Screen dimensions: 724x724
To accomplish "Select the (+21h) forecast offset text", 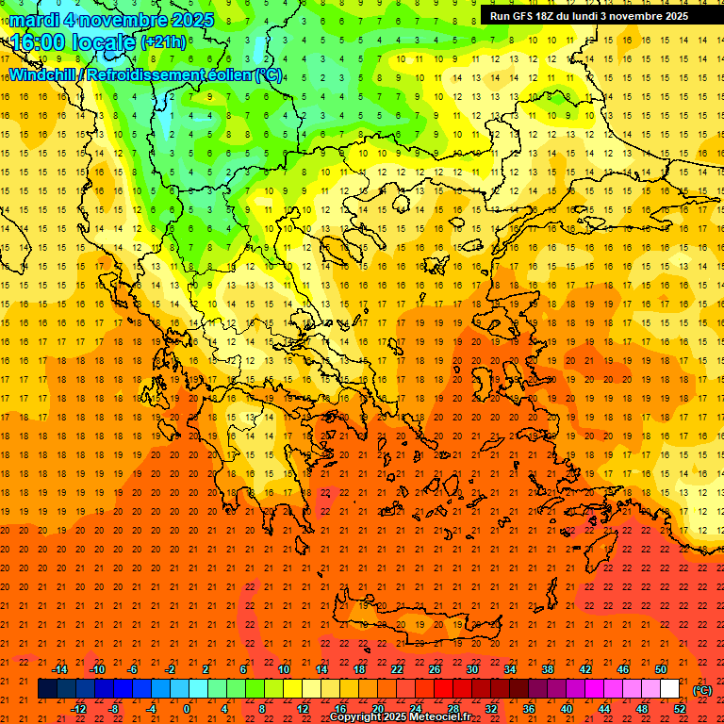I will click(162, 42).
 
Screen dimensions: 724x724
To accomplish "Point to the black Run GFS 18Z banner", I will click(588, 15).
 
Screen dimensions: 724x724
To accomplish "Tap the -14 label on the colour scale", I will click(59, 669).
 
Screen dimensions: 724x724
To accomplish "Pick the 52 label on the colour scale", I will click(679, 708).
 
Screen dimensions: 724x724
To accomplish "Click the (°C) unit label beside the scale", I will click(702, 690).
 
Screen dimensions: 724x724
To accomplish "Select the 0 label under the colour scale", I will click(187, 708).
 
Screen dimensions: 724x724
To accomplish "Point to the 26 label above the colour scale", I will click(435, 669).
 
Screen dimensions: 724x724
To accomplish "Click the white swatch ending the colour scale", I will click(669, 689).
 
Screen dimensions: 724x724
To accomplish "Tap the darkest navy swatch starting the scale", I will click(47, 689).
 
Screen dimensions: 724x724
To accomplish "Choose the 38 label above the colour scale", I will click(548, 669).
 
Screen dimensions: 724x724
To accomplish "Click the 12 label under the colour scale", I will click(303, 708).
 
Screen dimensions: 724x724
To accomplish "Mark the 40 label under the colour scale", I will click(567, 708).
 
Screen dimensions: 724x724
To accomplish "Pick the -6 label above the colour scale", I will click(133, 669).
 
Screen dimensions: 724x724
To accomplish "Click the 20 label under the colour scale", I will click(378, 708).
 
